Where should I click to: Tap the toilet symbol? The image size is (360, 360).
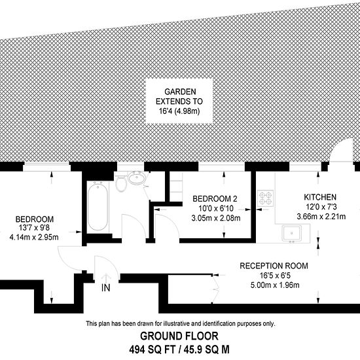[x=121, y=183]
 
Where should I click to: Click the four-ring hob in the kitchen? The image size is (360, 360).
[x=265, y=198]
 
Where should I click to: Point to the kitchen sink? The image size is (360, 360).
[x=292, y=233]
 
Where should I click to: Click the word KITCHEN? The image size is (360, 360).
[x=320, y=197]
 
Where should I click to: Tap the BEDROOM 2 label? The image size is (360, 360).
[x=215, y=199]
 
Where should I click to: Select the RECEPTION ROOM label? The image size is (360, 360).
[x=274, y=266]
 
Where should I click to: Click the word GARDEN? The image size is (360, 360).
[x=180, y=92]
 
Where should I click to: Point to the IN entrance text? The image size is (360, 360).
[x=106, y=288]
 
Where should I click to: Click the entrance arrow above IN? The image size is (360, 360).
[x=106, y=278]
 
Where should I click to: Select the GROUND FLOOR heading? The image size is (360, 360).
[x=179, y=336]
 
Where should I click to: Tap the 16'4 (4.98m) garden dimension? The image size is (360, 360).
[x=179, y=111]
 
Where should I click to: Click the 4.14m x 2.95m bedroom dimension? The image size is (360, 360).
[x=34, y=237]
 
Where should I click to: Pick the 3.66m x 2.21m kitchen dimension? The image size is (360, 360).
[x=321, y=217]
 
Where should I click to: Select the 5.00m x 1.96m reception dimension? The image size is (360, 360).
[x=275, y=285]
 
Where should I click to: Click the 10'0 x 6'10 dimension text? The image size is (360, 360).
[x=215, y=208]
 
